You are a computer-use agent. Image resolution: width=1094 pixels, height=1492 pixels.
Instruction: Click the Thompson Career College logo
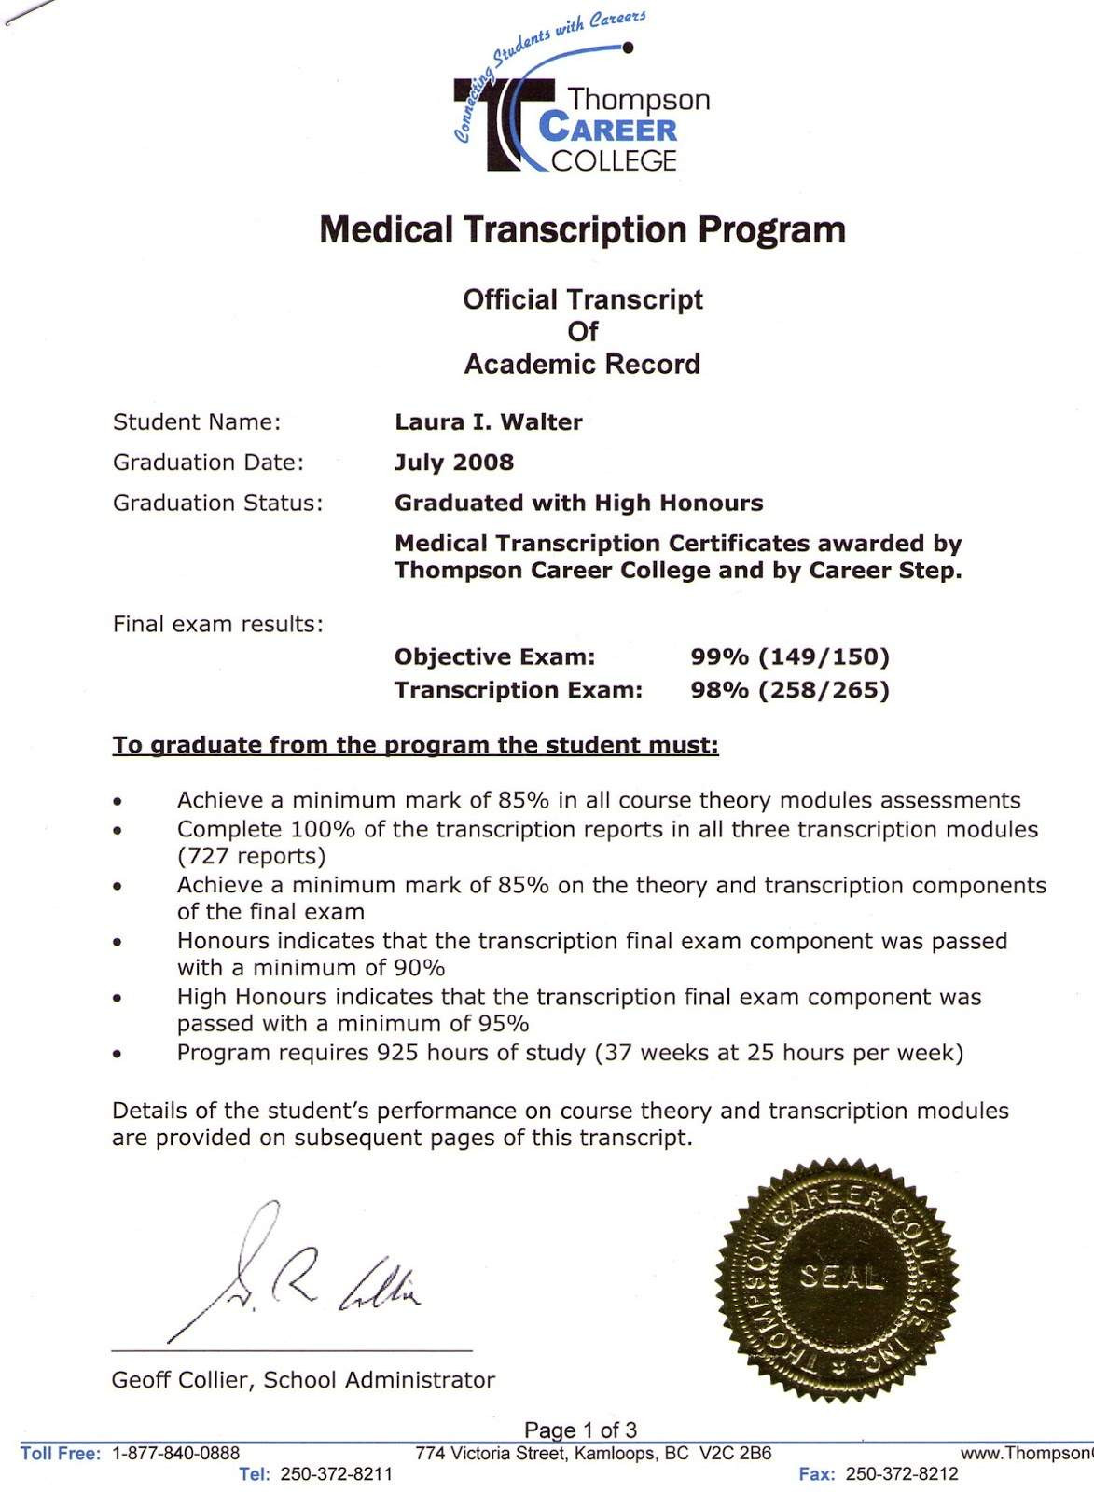coord(582,103)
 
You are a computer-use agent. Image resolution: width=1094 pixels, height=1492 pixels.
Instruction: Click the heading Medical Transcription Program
coord(582,229)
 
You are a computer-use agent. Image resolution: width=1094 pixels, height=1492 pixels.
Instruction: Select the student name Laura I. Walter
coord(488,422)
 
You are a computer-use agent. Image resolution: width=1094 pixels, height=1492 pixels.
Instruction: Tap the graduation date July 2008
coord(453,463)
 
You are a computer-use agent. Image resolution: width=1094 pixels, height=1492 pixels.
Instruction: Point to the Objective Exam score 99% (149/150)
coord(790,657)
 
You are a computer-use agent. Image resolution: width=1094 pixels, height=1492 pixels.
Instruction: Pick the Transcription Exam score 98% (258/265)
coord(790,690)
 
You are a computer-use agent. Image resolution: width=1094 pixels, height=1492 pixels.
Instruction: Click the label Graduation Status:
coord(217,504)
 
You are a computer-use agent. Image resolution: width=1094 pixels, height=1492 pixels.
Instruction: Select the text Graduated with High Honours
coord(578,504)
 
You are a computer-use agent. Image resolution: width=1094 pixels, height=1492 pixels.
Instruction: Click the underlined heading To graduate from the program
coord(415,745)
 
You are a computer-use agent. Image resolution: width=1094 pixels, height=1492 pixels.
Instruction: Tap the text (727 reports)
coord(251,856)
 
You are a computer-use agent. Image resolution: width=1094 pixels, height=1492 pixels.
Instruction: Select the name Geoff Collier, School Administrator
coord(303,1380)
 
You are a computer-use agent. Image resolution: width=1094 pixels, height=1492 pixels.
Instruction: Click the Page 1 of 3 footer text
coord(580,1430)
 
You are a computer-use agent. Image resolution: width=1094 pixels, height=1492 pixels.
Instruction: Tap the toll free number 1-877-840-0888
coord(175,1453)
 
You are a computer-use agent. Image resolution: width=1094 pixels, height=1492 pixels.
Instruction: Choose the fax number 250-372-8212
coord(901,1474)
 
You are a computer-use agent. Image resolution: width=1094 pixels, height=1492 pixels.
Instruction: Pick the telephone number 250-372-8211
coord(336,1474)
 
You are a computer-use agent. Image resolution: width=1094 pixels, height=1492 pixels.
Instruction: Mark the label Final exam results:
coord(217,625)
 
